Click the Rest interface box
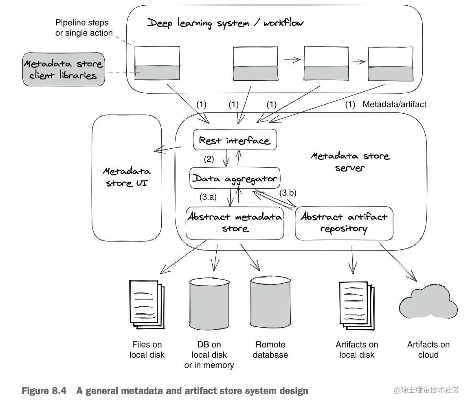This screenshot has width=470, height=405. tap(235, 140)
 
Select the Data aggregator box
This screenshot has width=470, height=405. tap(235, 178)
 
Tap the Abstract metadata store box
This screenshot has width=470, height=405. tap(235, 223)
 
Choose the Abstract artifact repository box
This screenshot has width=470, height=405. tap(344, 223)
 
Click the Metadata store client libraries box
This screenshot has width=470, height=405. tap(64, 69)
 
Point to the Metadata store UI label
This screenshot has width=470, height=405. tap(127, 177)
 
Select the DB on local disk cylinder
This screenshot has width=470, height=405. tap(209, 304)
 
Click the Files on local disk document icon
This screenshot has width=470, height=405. tap(147, 305)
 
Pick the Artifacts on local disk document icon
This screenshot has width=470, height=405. tap(357, 306)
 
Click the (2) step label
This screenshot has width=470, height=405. tap(209, 159)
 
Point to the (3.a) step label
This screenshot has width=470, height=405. tap(208, 197)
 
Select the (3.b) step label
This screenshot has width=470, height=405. tap(288, 193)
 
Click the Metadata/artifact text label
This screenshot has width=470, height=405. tap(395, 104)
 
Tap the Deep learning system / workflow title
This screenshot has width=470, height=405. tap(225, 23)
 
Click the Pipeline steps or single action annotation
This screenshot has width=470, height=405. tap(83, 28)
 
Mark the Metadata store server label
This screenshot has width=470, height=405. tap(350, 162)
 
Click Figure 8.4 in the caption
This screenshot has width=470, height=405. tap(44, 391)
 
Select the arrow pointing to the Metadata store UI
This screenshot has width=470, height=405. tap(167, 149)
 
